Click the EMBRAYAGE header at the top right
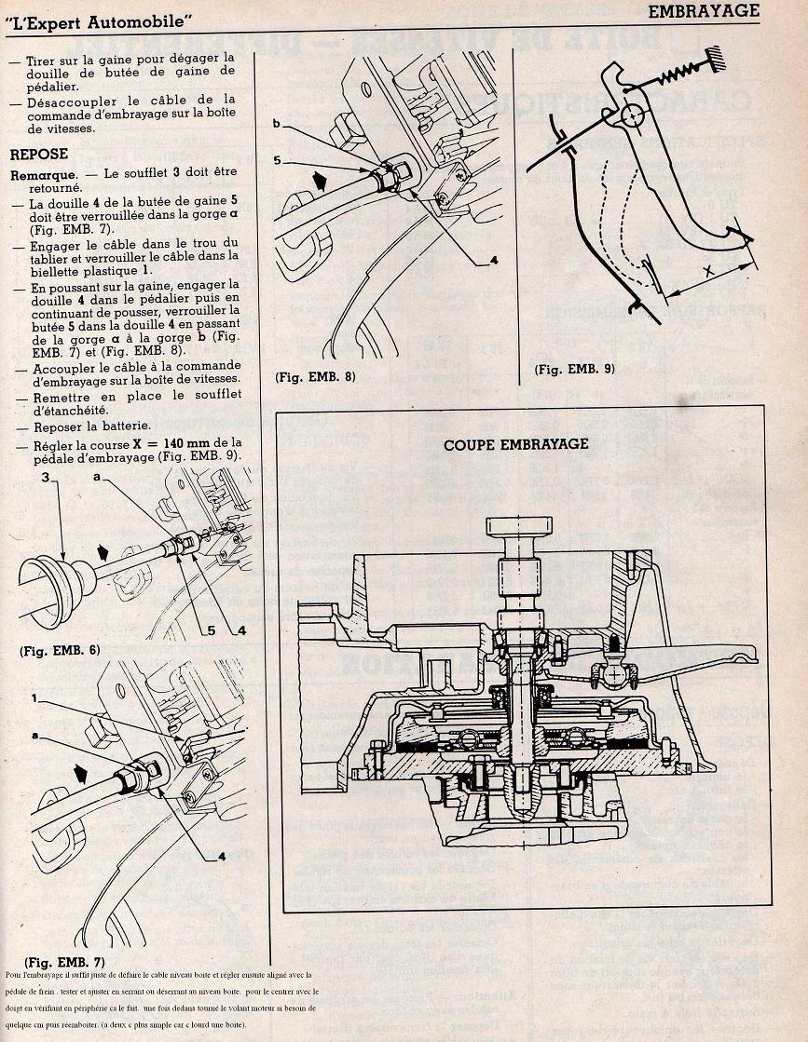704,11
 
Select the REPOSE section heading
39,154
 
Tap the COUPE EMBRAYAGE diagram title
516,444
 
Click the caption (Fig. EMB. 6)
60,651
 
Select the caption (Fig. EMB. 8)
316,377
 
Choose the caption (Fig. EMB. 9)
575,369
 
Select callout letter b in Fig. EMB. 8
278,124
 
